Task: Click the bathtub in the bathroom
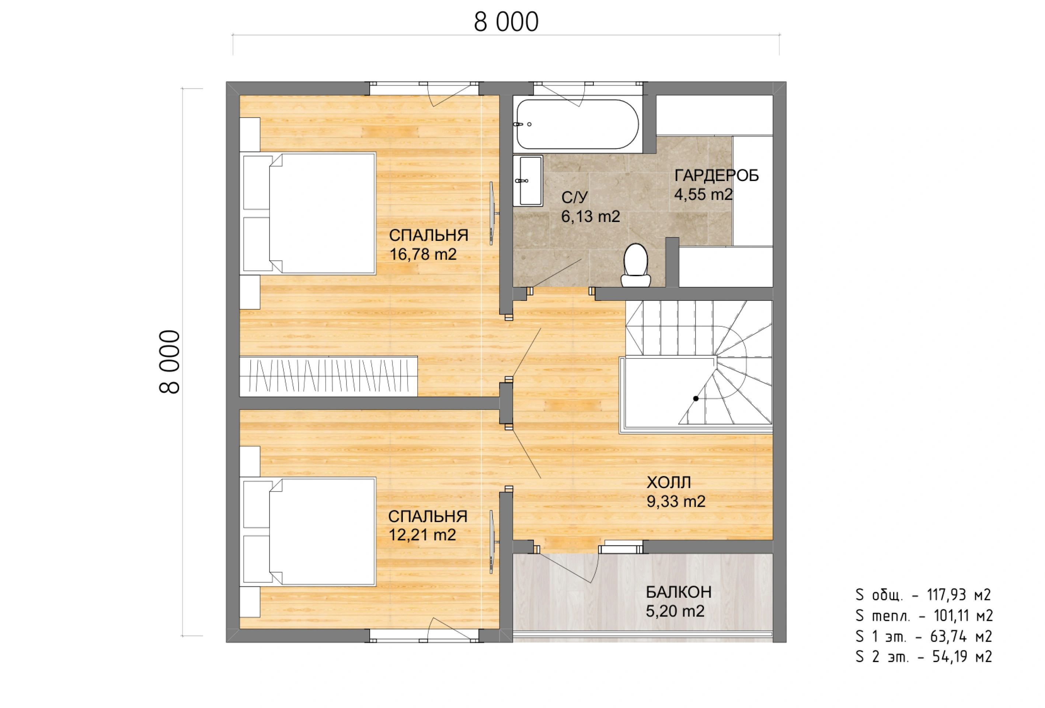(577, 124)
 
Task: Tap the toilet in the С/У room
(635, 265)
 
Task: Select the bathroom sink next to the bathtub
(528, 180)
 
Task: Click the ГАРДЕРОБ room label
(716, 176)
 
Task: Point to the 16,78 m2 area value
(423, 254)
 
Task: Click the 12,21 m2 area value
(422, 535)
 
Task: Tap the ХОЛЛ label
(669, 483)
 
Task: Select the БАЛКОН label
(679, 593)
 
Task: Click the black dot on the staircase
(696, 399)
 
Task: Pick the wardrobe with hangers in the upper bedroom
(328, 376)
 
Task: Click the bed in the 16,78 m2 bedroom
(308, 214)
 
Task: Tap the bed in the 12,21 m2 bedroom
(308, 532)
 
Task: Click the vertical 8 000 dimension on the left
(170, 362)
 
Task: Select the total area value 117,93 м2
(959, 595)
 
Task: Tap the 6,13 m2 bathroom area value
(591, 217)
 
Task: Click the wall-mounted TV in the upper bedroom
(493, 213)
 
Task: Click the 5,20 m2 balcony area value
(675, 611)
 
